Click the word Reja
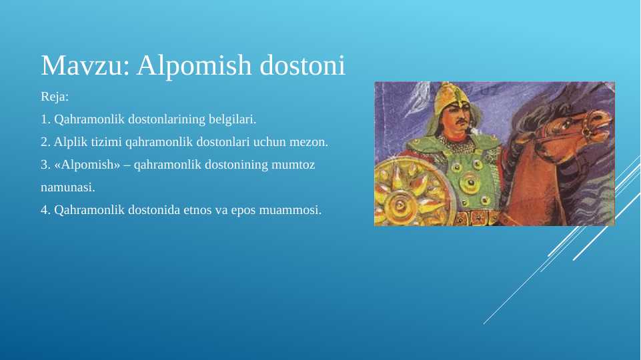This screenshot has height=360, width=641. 55,97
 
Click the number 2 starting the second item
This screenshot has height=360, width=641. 44,142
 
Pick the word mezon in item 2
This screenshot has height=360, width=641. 311,142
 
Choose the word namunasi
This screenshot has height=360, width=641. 68,187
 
